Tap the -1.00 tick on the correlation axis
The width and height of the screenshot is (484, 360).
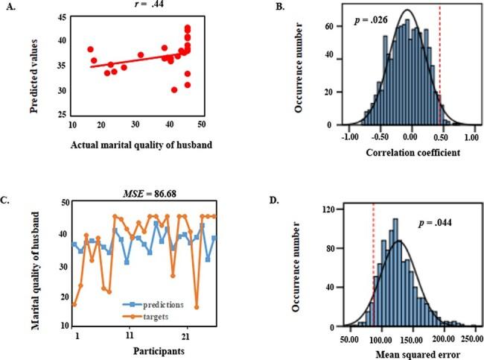[x=348, y=137]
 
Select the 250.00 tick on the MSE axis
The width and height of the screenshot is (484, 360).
[x=471, y=338]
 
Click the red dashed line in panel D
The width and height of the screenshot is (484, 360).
[x=374, y=276]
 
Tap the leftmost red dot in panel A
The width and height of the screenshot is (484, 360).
[x=90, y=49]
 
